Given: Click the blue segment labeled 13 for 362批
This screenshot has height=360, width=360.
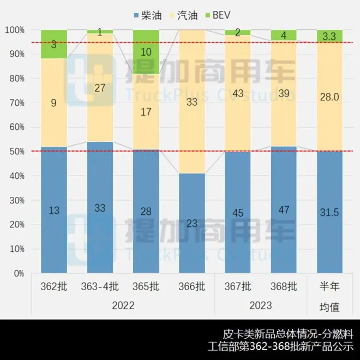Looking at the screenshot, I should [54, 210].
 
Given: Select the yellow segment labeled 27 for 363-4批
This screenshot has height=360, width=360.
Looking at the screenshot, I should [100, 88].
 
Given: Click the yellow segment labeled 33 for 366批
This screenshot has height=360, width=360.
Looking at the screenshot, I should [192, 101].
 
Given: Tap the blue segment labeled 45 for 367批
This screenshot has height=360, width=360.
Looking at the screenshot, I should [238, 212].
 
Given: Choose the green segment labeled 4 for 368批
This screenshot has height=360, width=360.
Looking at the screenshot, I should [284, 35].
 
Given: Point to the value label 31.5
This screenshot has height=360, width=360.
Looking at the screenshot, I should [329, 212].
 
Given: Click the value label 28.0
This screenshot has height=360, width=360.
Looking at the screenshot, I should [329, 97].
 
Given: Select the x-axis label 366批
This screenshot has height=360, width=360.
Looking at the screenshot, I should [192, 286].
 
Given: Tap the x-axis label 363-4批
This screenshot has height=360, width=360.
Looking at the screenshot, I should [100, 286].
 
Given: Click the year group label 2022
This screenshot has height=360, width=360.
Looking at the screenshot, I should [123, 305].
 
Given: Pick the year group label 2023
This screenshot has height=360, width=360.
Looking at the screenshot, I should [261, 305].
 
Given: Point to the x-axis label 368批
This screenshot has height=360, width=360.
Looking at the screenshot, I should [284, 286].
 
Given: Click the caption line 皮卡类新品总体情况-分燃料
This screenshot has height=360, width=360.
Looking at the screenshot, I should [289, 333].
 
